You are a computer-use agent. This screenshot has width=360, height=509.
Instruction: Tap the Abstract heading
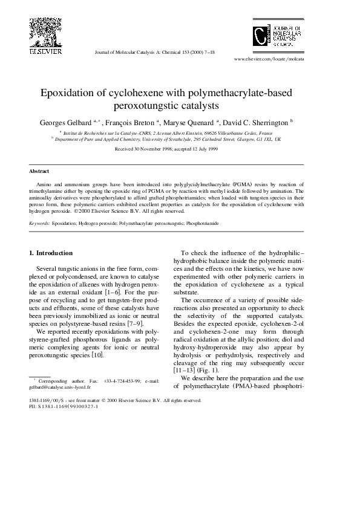[x=39, y=171]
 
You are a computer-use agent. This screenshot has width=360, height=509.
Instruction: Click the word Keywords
[x=39, y=223]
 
